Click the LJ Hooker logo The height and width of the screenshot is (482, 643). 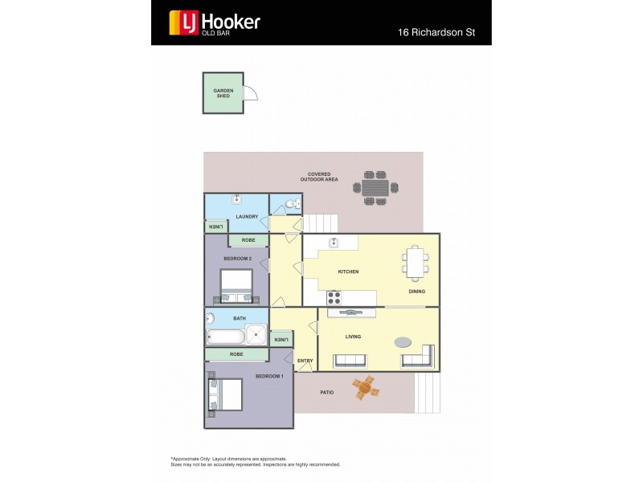pyautogui.click(x=214, y=22)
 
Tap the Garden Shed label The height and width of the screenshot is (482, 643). pyautogui.click(x=223, y=93)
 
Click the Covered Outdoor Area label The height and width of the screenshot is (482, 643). pyautogui.click(x=319, y=176)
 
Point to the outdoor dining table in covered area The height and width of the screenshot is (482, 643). pyautogui.click(x=375, y=187)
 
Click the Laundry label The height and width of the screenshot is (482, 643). pyautogui.click(x=247, y=216)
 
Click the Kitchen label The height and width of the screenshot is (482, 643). pyautogui.click(x=348, y=272)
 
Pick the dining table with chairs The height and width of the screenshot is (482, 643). pyautogui.click(x=416, y=262)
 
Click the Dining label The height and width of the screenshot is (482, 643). pyautogui.click(x=416, y=292)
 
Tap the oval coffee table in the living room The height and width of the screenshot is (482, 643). pyautogui.click(x=403, y=341)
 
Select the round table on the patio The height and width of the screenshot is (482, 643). pyautogui.click(x=365, y=388)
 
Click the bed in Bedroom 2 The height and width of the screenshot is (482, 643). pyautogui.click(x=236, y=284)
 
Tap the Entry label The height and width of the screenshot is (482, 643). pyautogui.click(x=305, y=361)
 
